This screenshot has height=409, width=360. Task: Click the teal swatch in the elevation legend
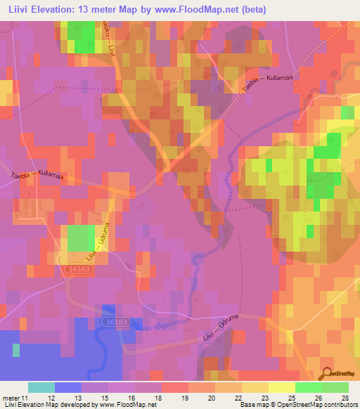point(41,387)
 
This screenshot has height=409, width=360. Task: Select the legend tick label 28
point(345,398)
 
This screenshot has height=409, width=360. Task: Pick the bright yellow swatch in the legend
point(282,387)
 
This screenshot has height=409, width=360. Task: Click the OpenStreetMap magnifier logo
point(327,372)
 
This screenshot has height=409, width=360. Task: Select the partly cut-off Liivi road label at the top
point(108,38)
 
